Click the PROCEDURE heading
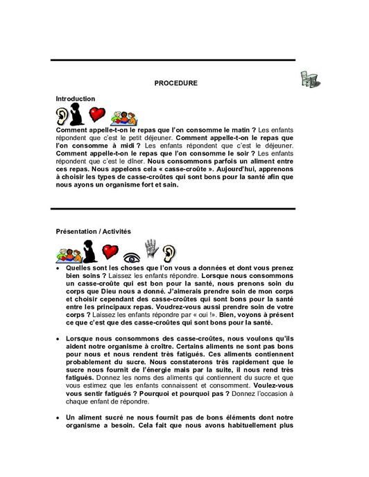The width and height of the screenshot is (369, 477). pos(175,83)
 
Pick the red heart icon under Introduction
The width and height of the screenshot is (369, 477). pos(96,114)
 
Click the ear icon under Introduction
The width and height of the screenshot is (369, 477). pos(61,115)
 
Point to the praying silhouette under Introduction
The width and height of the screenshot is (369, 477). pos(78,114)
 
